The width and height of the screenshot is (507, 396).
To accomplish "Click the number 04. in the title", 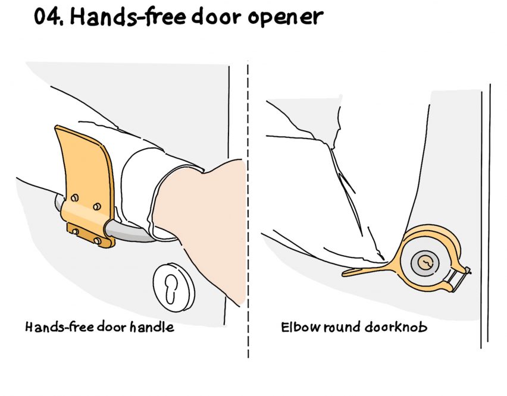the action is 48,17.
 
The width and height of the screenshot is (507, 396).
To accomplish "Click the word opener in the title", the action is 286,18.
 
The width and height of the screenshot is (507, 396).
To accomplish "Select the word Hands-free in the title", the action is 128,16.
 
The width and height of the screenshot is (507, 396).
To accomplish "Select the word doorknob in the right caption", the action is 396,327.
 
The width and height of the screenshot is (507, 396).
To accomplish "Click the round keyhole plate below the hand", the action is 174,287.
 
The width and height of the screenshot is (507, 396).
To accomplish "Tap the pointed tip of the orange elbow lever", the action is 343,274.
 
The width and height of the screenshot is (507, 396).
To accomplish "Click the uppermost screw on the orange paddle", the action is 74,197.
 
